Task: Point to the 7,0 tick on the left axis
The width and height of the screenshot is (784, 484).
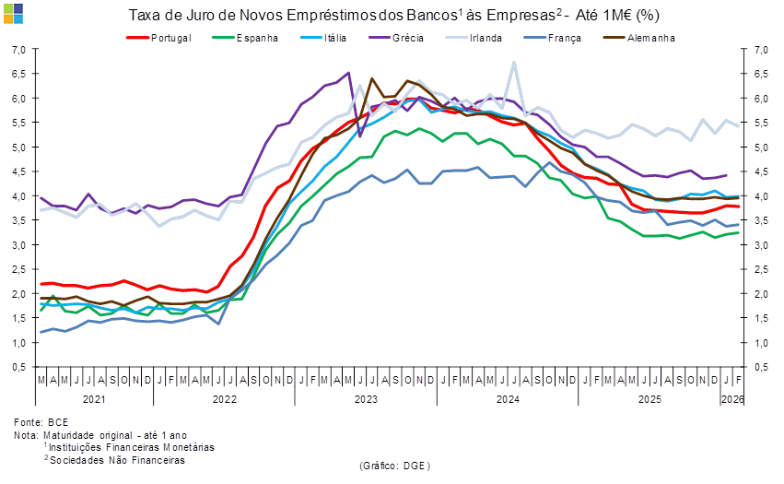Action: (18, 50)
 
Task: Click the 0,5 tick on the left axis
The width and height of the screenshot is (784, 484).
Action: (18, 367)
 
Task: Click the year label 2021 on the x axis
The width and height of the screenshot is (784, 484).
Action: (93, 399)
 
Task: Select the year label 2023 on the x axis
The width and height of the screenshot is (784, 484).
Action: (366, 399)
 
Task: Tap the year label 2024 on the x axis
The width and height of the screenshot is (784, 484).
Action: (508, 399)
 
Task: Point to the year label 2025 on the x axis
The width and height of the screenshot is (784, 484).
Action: (649, 399)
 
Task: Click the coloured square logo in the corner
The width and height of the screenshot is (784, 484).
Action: (13, 13)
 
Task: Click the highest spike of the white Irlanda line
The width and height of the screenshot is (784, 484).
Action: (514, 63)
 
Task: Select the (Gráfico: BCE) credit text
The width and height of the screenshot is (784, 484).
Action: (393, 466)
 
